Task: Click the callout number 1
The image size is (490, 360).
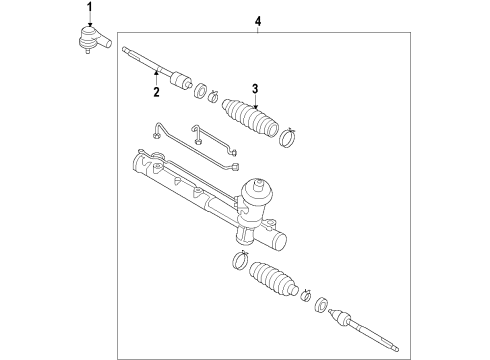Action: click(x=89, y=7)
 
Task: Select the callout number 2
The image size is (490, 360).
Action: click(x=156, y=92)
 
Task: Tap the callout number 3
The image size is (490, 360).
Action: click(x=255, y=89)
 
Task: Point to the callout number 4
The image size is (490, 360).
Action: click(x=258, y=21)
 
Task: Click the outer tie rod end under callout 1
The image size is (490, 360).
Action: click(x=94, y=40)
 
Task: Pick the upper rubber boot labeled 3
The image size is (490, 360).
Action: click(x=250, y=118)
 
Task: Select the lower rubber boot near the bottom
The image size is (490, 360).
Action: click(x=273, y=278)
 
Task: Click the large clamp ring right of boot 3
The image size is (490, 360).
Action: click(x=288, y=138)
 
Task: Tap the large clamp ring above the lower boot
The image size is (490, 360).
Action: click(x=241, y=260)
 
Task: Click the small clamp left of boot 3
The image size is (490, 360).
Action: click(x=213, y=96)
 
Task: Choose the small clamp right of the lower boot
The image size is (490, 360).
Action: click(x=306, y=295)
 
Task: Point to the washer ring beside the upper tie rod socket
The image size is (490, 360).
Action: click(x=200, y=91)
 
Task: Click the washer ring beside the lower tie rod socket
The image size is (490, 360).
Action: click(x=321, y=305)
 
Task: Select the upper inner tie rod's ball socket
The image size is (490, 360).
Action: click(x=180, y=81)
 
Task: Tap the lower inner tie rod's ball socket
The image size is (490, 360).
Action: click(x=340, y=316)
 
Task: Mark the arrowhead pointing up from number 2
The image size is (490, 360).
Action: click(x=156, y=73)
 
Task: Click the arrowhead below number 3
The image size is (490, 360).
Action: click(x=255, y=106)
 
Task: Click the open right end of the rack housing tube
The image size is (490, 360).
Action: click(x=280, y=241)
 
